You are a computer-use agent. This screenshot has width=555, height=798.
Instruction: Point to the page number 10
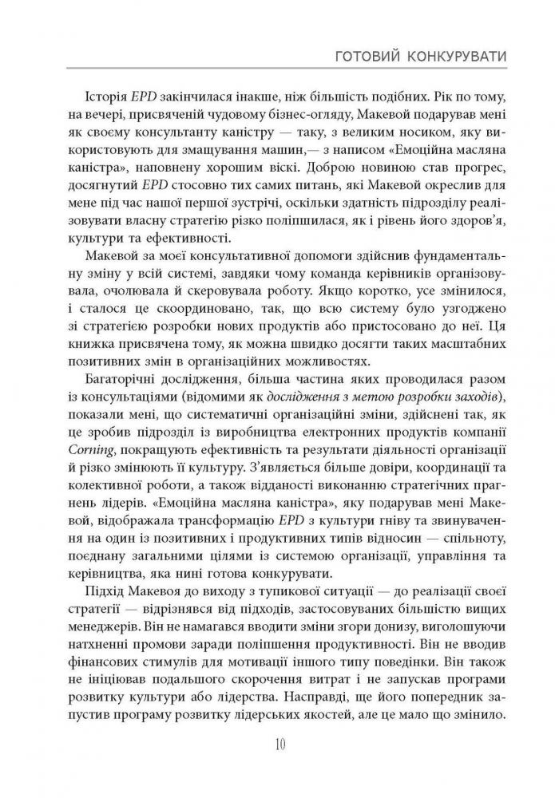click(279, 745)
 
